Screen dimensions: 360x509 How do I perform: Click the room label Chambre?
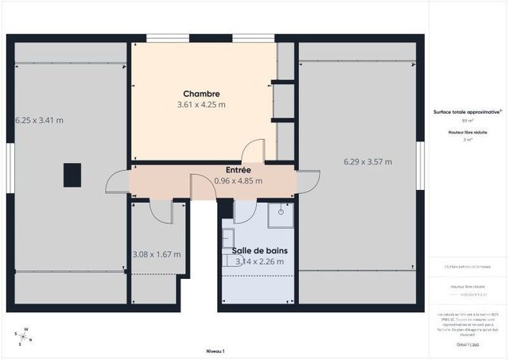pyautogui.click(x=200, y=94)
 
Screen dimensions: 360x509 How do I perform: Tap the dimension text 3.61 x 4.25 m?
pyautogui.click(x=200, y=104)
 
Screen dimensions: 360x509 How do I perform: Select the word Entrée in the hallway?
pyautogui.click(x=238, y=170)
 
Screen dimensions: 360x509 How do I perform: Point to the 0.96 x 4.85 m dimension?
pyautogui.click(x=238, y=180)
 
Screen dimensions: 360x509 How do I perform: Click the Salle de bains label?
pyautogui.click(x=260, y=250)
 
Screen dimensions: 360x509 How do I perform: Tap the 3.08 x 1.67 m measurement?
pyautogui.click(x=156, y=254)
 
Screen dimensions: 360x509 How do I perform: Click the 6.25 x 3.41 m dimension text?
pyautogui.click(x=39, y=120)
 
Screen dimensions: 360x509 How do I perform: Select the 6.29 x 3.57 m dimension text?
pyautogui.click(x=367, y=162)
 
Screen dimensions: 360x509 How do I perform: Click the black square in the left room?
pyautogui.click(x=72, y=174)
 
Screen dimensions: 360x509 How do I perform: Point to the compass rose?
pyautogui.click(x=25, y=335)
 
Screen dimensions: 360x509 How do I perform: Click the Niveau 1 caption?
pyautogui.click(x=216, y=350)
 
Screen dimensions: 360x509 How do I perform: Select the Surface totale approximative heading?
pyautogui.click(x=468, y=112)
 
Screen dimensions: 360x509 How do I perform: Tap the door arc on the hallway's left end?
pyautogui.click(x=117, y=182)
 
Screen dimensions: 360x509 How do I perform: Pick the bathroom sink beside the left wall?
pyautogui.click(x=227, y=238)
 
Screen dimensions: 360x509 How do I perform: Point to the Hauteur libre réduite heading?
pyautogui.click(x=468, y=132)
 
